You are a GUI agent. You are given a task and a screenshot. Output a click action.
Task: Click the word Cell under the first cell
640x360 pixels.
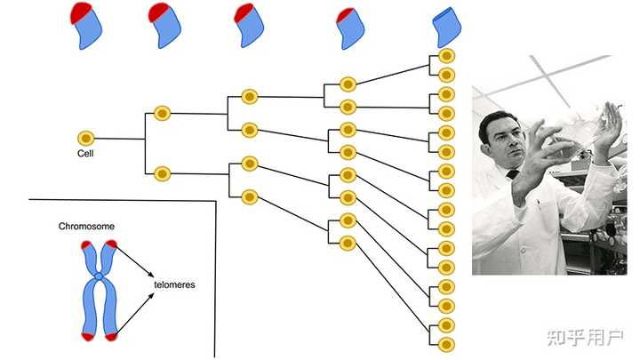[86, 153]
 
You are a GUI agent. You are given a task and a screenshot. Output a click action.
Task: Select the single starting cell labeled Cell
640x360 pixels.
[85, 138]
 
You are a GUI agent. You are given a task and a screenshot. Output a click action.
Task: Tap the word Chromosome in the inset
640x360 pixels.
[86, 227]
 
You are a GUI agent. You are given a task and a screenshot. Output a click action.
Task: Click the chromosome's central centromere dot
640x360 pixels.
[99, 285]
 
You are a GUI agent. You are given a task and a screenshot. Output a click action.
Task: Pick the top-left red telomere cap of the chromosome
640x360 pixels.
[86, 244]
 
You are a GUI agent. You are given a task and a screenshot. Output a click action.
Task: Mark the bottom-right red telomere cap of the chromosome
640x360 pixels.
[111, 336]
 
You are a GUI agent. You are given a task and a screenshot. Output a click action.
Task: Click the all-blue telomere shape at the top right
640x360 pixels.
[444, 26]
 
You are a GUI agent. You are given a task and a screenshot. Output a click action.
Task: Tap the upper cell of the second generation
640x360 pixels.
[162, 113]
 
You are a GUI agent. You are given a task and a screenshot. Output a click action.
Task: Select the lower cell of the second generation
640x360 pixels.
[162, 172]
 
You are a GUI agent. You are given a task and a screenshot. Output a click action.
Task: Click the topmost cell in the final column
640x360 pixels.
[447, 59]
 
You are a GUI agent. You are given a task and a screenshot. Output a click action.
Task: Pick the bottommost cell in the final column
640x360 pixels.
[447, 344]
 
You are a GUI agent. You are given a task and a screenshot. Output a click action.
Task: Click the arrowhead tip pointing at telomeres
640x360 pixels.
[152, 273]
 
